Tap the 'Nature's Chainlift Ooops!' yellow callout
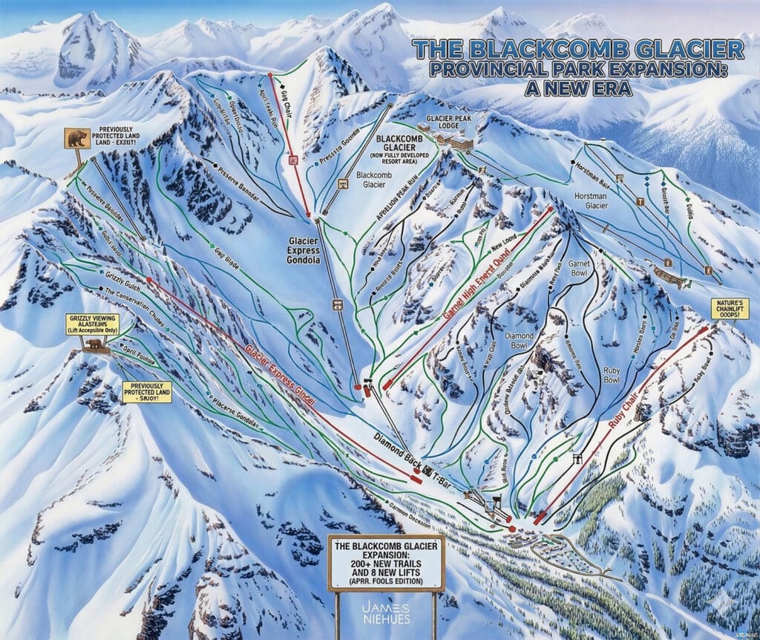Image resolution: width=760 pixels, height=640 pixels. tap(729, 309)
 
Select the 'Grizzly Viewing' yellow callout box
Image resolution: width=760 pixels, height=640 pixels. tap(88, 325)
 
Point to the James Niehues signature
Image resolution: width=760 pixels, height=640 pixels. tap(386, 610)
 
